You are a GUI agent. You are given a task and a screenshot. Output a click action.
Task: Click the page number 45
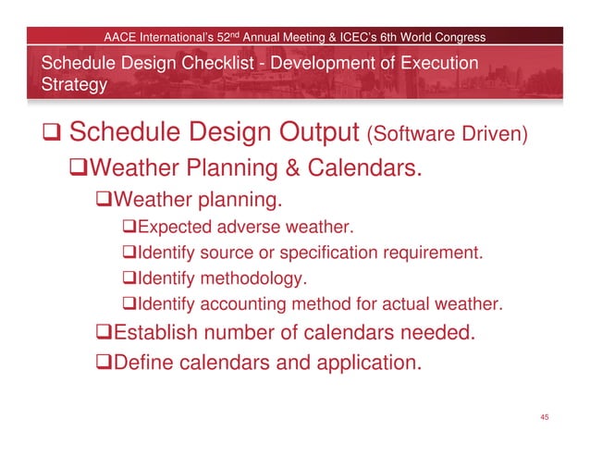click(x=545, y=418)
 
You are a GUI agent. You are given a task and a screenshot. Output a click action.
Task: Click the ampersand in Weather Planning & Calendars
click(x=308, y=169)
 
